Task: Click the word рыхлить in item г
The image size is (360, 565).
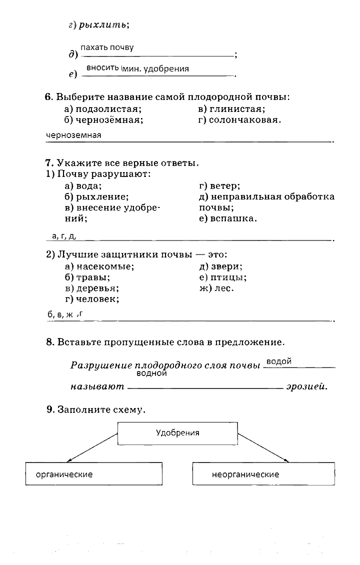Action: coord(103,24)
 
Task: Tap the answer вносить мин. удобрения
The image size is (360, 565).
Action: coord(137,68)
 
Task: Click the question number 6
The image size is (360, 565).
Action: coord(48,96)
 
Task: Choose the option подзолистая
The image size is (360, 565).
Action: coord(107,108)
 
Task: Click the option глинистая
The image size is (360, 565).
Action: coord(236,108)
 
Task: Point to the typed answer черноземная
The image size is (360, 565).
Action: coord(73,135)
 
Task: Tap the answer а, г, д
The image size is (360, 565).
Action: coord(63,235)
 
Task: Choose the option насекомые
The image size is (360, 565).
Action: coord(104,266)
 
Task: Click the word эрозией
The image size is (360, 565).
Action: coord(306,386)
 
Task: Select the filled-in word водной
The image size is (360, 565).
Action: coord(151,373)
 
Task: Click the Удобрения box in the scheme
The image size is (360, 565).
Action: coord(177,433)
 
